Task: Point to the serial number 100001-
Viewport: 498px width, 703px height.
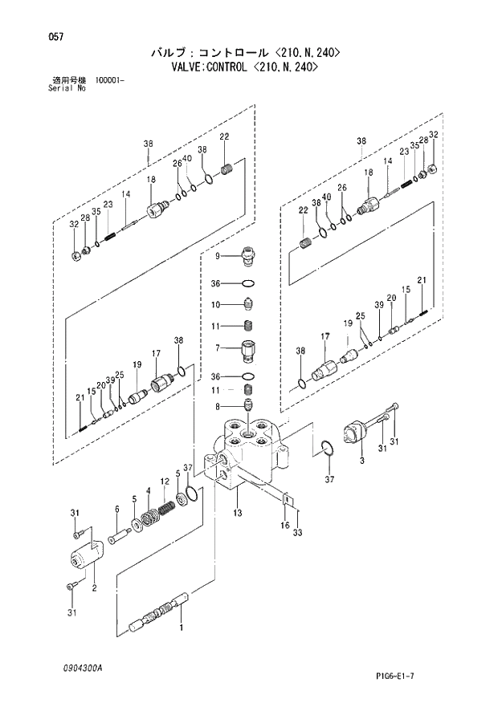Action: (114, 81)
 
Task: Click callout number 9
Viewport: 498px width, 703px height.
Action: (216, 256)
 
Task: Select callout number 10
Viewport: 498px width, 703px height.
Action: (215, 304)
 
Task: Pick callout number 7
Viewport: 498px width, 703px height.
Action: (216, 347)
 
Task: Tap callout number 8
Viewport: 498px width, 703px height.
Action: (216, 407)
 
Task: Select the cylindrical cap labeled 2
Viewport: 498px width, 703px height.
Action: (84, 556)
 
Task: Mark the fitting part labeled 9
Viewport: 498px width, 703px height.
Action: (247, 257)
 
